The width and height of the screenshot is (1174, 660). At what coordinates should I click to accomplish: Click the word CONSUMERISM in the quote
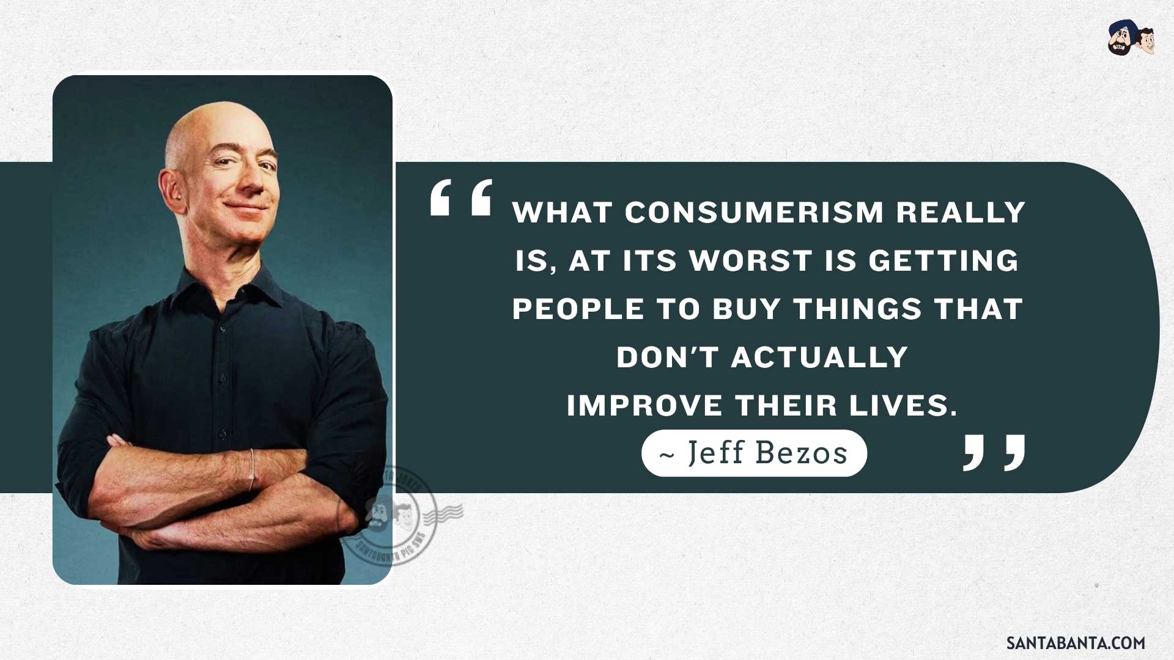(x=754, y=213)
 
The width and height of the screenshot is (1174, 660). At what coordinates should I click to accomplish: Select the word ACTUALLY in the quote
(x=819, y=357)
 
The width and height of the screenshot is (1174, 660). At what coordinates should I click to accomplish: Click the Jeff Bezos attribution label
(x=754, y=453)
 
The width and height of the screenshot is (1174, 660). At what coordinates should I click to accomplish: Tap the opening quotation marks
(x=461, y=197)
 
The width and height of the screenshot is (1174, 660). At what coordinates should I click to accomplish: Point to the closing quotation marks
(x=994, y=453)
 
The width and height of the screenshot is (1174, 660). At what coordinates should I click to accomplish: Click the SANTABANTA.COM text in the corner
(x=1076, y=643)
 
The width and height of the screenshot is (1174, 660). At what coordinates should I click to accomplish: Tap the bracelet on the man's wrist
(x=251, y=471)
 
